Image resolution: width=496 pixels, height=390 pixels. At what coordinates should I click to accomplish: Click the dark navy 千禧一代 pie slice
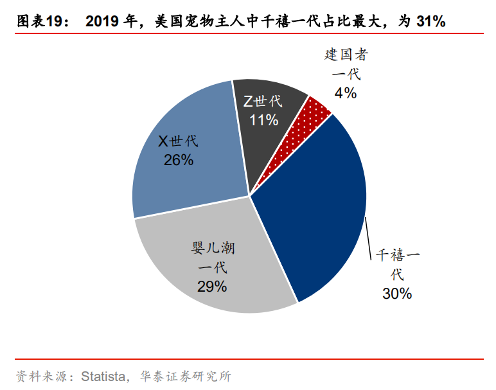308,206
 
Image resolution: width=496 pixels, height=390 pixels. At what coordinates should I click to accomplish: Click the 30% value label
396,294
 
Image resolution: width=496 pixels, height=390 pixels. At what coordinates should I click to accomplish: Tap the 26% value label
178,160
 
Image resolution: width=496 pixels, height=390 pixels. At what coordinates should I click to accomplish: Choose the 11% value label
263,120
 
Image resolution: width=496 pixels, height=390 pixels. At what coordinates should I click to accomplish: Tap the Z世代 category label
263,102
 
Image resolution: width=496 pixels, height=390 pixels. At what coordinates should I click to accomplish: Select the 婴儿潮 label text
212,248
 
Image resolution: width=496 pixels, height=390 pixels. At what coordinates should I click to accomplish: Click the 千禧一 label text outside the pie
397,255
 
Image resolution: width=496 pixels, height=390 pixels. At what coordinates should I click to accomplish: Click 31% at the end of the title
430,21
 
